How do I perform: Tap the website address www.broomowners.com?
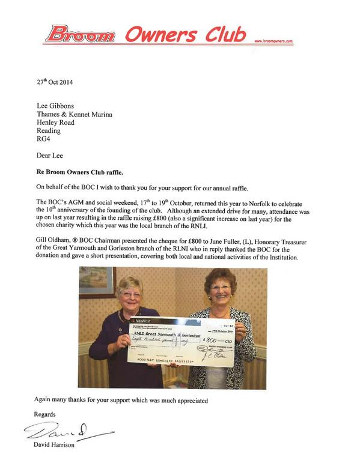point(273,41)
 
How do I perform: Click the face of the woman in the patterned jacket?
point(221,291)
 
